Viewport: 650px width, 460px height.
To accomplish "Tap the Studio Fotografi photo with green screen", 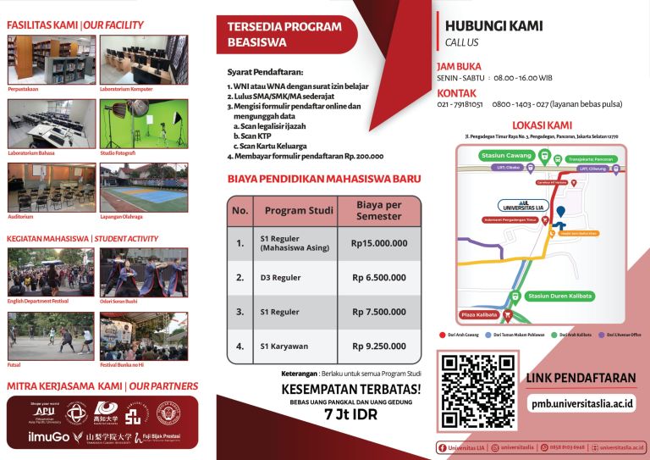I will (132, 123).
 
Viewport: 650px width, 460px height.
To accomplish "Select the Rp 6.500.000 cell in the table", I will (379, 277).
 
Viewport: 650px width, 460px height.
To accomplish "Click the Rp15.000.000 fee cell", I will (379, 243).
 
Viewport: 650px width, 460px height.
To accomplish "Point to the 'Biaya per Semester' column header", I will (379, 210).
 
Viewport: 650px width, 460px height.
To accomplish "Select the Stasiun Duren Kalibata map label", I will (558, 297).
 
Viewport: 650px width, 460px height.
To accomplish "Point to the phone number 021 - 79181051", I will (460, 104).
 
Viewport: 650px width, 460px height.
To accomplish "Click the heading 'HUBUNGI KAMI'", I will (482, 25).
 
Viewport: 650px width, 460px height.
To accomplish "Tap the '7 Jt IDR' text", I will (350, 415).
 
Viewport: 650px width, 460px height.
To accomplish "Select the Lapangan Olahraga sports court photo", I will (132, 186).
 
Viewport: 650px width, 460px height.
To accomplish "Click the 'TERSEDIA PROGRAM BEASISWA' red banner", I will (285, 34).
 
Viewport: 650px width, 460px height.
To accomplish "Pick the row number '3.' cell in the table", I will (240, 312).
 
